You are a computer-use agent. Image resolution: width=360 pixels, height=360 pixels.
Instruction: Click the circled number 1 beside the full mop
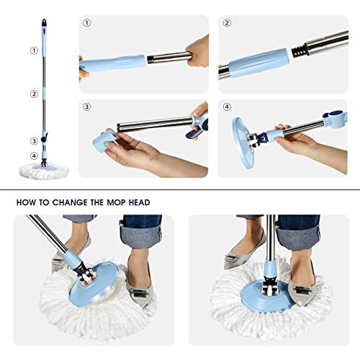[33, 51]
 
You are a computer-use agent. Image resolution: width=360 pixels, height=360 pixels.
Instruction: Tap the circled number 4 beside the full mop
[33, 156]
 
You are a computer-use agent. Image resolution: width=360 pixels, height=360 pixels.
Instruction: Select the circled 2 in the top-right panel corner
[227, 23]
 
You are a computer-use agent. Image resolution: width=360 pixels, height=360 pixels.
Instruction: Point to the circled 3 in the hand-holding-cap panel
[87, 107]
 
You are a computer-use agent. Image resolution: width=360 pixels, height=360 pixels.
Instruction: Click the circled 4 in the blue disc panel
[227, 107]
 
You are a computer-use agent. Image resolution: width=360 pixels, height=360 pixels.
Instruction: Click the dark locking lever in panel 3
[194, 130]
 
